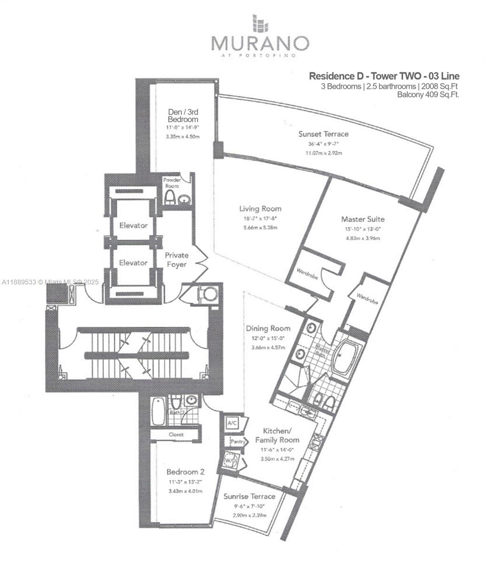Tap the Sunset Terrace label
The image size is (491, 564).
coord(323,134)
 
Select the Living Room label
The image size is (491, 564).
coord(260,209)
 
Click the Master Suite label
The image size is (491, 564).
coord(363,219)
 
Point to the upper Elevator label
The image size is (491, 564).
coord(133,226)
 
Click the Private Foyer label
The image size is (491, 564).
coord(177,259)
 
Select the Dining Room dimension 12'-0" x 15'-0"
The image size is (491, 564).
coord(267,338)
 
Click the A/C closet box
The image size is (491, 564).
coord(232,423)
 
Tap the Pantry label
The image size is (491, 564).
coord(237,442)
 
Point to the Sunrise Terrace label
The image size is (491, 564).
coord(249,496)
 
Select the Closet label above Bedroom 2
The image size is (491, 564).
coord(176,435)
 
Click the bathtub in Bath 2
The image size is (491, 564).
coord(157,411)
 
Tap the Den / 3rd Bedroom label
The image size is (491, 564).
coord(183,116)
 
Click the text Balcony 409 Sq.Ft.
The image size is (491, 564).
coord(428,94)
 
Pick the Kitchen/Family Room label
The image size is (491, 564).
coord(277,435)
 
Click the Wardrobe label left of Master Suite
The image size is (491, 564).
coord(307,274)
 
